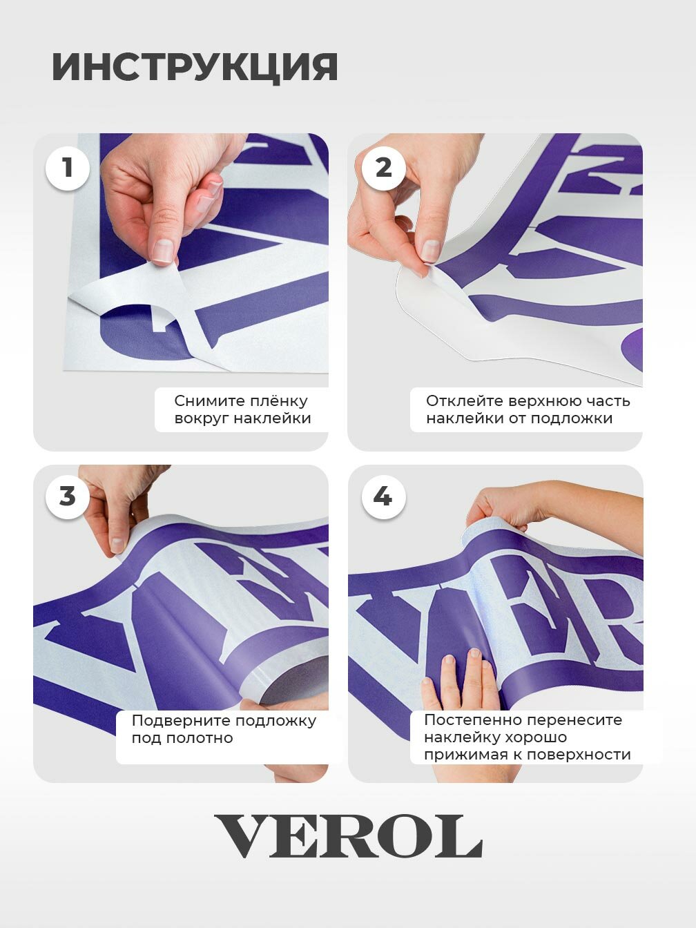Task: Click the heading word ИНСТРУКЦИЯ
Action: tap(195, 67)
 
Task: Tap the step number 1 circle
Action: tap(68, 168)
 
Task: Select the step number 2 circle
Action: tap(384, 168)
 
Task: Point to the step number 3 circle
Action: tap(68, 496)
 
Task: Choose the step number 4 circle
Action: tap(384, 496)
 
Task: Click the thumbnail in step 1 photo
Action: tap(163, 250)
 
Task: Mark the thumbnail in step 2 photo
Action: tap(431, 250)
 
